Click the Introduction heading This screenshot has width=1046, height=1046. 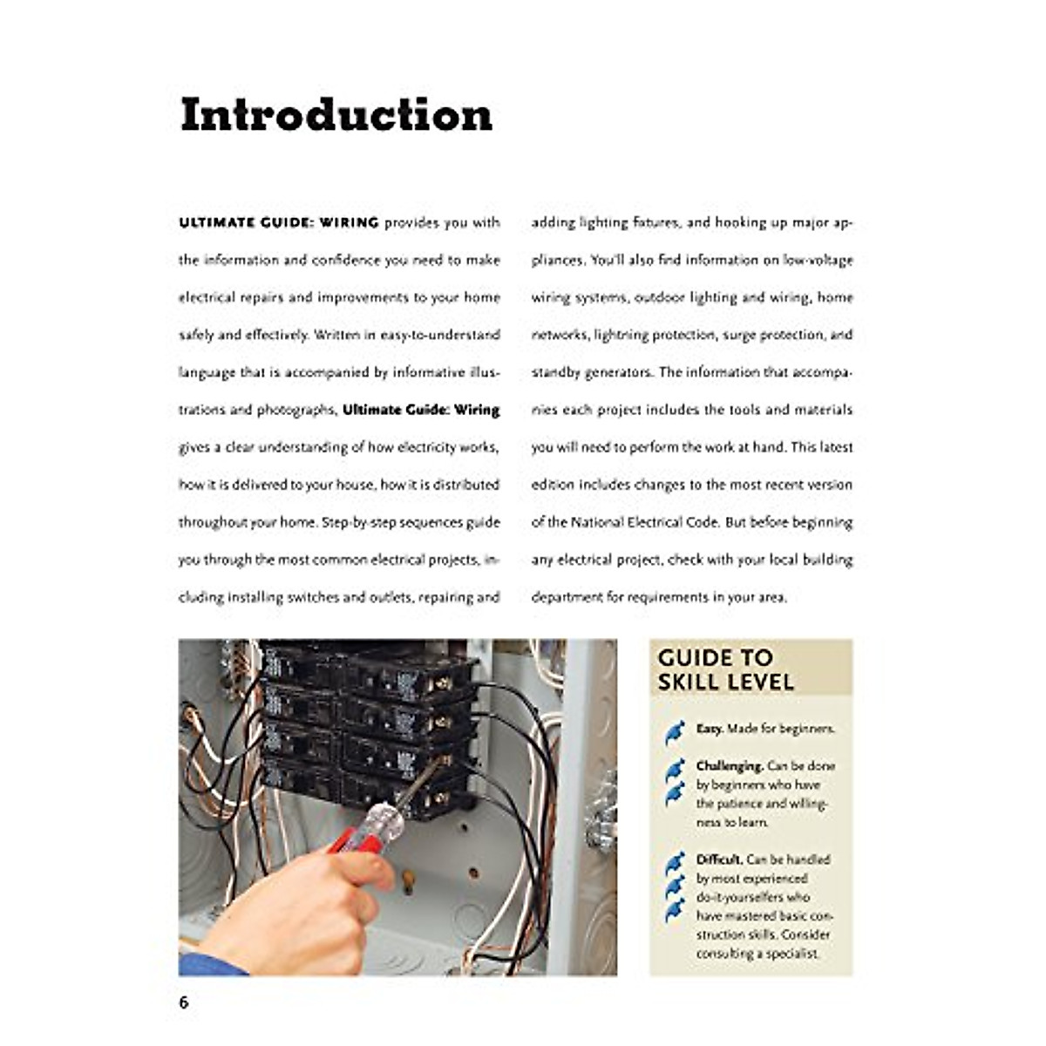(x=336, y=115)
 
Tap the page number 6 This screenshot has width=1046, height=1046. (x=184, y=1002)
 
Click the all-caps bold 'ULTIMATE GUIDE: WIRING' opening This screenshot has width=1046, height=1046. (x=279, y=223)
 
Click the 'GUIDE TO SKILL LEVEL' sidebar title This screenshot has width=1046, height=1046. (x=725, y=669)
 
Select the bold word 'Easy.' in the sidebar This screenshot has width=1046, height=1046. (x=710, y=729)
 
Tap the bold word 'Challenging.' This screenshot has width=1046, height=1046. (x=730, y=766)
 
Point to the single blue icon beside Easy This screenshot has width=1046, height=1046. (x=675, y=733)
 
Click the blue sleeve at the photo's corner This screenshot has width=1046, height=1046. (x=199, y=964)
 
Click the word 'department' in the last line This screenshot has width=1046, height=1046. (x=567, y=597)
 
